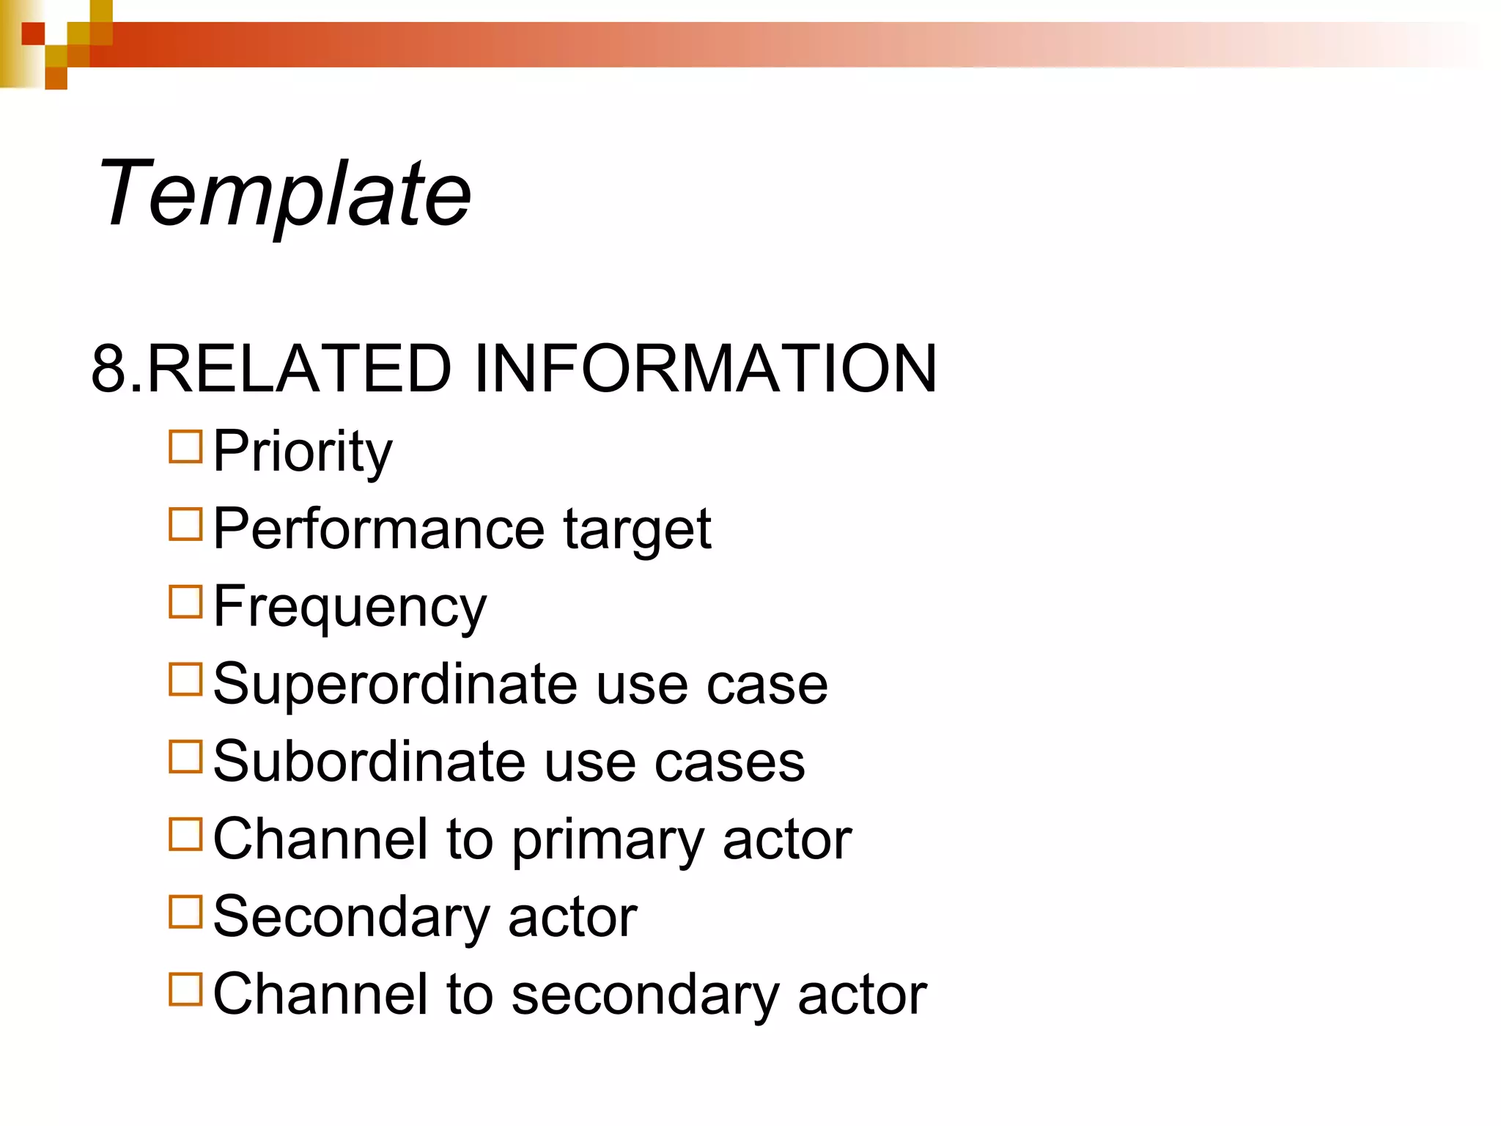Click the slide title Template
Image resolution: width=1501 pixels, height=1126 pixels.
(284, 194)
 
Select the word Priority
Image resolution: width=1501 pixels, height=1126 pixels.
(303, 452)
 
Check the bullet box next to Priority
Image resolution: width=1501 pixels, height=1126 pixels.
(185, 446)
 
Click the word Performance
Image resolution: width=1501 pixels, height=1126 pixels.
(379, 529)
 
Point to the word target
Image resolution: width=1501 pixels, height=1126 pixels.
(637, 530)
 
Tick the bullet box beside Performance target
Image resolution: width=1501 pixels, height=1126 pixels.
(185, 524)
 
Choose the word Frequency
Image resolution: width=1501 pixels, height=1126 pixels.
(350, 608)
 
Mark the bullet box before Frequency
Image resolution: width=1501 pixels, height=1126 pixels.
(185, 602)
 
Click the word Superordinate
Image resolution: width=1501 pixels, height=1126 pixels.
(395, 684)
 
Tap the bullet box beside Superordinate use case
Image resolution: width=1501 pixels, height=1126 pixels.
(185, 680)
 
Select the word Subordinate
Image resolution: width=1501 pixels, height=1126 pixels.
(369, 762)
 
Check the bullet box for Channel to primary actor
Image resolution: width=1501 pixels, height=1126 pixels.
(185, 834)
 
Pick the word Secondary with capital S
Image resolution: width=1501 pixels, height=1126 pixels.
(351, 917)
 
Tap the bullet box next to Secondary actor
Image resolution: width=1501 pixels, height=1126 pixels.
(185, 912)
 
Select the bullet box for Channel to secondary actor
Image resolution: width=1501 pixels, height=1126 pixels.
(185, 989)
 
